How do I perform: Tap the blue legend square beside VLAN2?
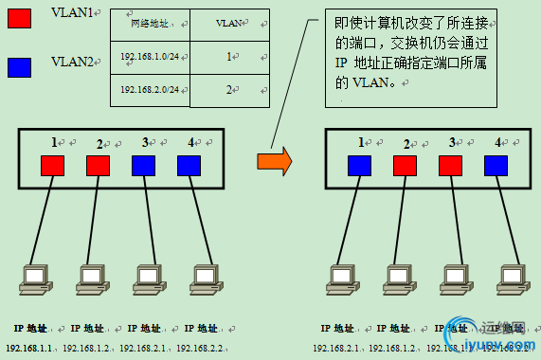(19, 66)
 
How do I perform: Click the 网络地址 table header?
(150, 23)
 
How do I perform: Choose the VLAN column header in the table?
(228, 23)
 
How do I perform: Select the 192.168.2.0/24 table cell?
(150, 90)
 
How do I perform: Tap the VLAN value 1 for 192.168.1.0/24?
(228, 58)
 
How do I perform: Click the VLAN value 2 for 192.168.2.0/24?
(228, 90)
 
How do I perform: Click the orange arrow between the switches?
(275, 160)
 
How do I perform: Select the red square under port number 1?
(53, 165)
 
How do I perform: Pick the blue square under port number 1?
(360, 165)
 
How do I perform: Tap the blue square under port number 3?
(144, 165)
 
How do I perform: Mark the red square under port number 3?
(450, 165)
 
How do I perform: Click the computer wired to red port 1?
(35, 276)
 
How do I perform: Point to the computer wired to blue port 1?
(342, 276)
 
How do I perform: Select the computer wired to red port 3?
(453, 276)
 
